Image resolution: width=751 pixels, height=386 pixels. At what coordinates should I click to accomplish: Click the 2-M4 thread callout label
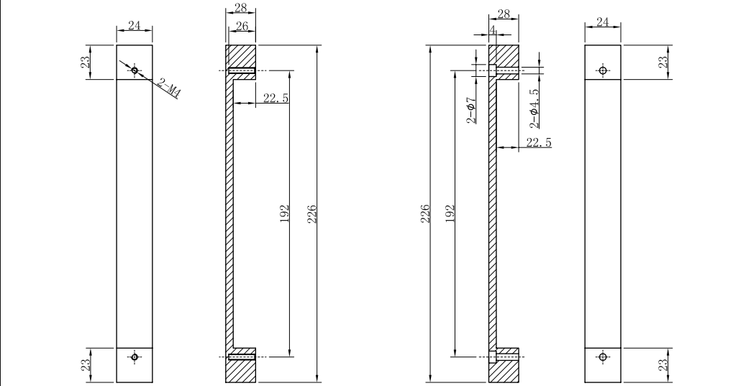169,90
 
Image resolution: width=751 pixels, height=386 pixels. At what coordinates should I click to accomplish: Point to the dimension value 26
241,27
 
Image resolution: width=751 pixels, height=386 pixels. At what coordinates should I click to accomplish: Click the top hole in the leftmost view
135,70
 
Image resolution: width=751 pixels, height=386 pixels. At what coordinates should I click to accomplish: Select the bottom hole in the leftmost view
135,357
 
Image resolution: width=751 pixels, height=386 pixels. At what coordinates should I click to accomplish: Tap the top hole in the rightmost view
603,70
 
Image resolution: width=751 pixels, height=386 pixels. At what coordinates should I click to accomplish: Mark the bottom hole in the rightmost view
603,357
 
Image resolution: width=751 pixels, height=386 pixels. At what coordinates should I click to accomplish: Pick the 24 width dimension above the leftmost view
135,25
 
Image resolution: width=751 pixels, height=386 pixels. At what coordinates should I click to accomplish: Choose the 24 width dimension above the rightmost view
603,22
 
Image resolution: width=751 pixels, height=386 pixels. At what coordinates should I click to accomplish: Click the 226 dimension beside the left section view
312,213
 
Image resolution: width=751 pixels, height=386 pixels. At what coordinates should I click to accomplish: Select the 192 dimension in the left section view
284,213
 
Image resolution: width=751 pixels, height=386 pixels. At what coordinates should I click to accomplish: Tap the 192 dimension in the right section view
450,213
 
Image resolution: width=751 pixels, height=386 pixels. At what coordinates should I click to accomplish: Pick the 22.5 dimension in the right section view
539,143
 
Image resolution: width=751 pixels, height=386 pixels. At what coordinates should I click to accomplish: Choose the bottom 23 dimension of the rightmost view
663,365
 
